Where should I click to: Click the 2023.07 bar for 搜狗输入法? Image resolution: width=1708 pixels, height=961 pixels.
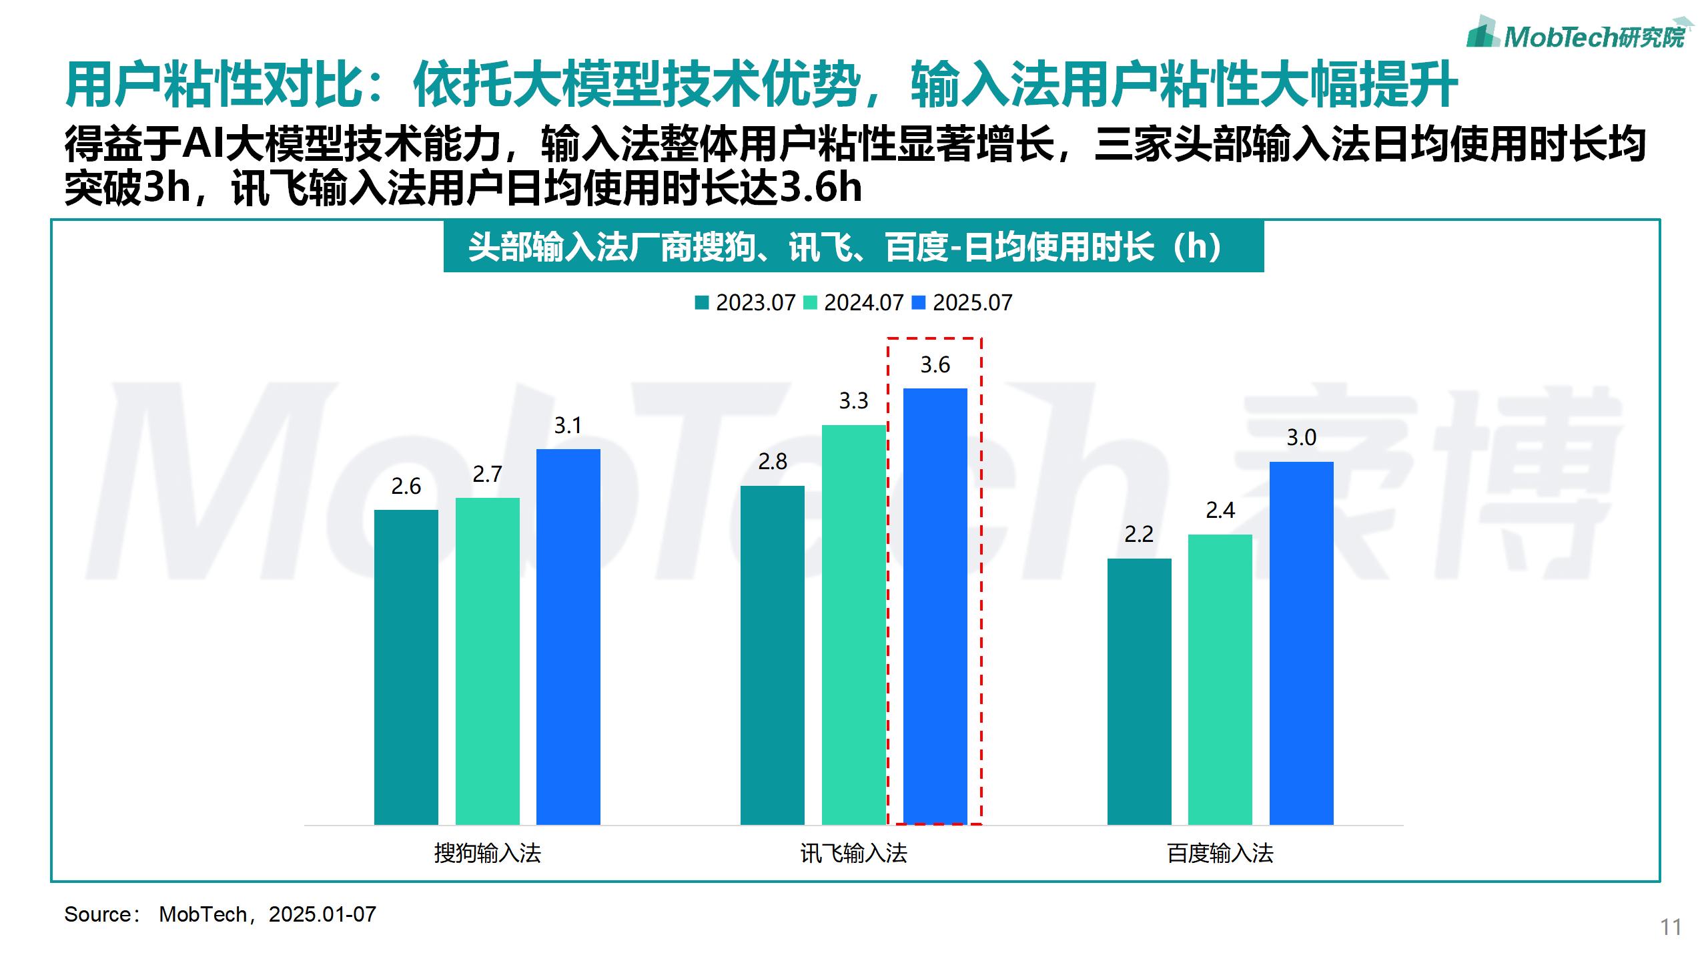coord(406,667)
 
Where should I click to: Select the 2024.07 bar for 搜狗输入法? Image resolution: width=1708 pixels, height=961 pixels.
coord(487,661)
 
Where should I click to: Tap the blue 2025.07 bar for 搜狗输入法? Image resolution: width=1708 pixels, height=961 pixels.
coord(568,637)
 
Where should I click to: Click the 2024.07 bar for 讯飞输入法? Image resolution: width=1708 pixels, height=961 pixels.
coord(853,625)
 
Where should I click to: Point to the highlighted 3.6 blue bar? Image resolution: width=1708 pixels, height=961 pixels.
coord(935,606)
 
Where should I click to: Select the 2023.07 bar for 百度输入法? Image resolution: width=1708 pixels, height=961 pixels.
coord(1139,691)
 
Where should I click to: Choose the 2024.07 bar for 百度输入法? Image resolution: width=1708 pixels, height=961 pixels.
coord(1220,679)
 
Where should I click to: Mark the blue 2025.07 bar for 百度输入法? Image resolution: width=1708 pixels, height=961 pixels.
coord(1301,643)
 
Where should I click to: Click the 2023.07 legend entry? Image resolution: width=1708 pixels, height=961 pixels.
coord(745,303)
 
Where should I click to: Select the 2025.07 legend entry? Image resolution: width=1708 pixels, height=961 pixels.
coord(962,303)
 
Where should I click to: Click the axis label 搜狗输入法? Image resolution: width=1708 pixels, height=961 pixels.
coord(487,853)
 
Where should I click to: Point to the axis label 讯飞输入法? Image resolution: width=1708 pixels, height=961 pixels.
coord(853,853)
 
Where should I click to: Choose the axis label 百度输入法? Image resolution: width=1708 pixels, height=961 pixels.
coord(1220,853)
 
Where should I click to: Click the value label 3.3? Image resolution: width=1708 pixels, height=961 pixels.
coord(853,401)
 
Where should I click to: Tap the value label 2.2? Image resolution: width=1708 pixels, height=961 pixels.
coord(1138,535)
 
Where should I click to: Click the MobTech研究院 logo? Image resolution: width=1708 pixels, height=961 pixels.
coord(1579,33)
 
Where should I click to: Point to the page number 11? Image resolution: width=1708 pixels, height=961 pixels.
coord(1671,927)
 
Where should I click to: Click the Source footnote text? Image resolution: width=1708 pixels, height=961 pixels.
coord(220,914)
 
